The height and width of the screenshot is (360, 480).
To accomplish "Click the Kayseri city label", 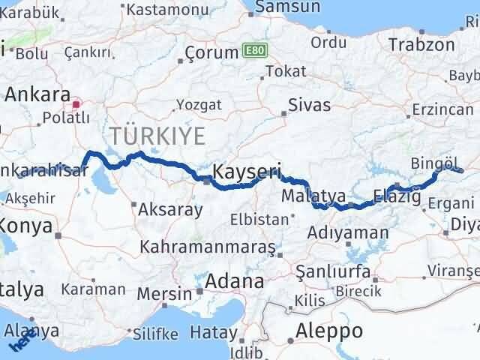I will tap(246, 172).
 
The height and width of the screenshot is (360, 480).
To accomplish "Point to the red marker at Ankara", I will tap(76, 97).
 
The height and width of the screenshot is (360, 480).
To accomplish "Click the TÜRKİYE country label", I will tap(157, 136).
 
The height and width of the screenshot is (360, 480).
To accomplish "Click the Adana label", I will tap(237, 282).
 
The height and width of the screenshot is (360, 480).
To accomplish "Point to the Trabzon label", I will tap(421, 44).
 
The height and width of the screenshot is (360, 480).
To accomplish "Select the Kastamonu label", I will tap(163, 10).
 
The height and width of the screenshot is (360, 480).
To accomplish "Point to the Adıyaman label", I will tap(348, 233).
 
